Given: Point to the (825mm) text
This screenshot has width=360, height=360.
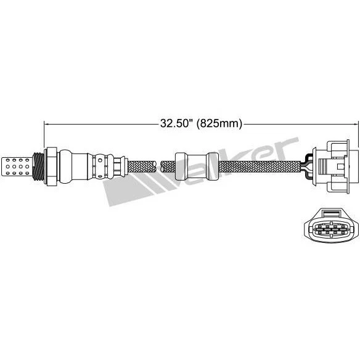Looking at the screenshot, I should (x=217, y=123).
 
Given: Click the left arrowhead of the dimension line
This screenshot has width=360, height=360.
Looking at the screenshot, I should (x=47, y=123).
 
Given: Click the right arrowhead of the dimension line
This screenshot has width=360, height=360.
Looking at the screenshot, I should (x=353, y=123).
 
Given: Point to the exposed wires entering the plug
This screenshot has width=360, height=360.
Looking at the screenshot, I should (x=308, y=164).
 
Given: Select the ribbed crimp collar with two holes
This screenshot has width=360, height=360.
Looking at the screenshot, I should (x=102, y=165).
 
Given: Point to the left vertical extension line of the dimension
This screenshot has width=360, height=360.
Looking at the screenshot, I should (x=44, y=139).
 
